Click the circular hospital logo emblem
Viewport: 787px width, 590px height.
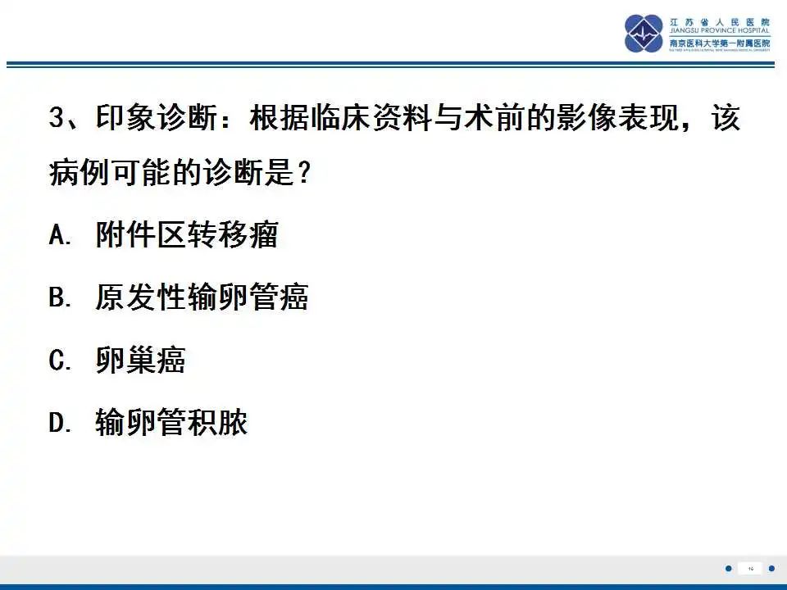click(x=644, y=34)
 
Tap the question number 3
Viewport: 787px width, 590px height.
click(x=57, y=119)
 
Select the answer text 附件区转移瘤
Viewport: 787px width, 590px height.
click(x=187, y=236)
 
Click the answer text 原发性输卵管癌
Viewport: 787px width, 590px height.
click(x=202, y=298)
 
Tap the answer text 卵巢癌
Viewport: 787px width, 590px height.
click(x=140, y=361)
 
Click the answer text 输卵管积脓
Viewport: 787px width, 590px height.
click(x=171, y=423)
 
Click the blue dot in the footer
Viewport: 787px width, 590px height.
click(x=728, y=568)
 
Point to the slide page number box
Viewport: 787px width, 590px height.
click(x=750, y=568)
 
